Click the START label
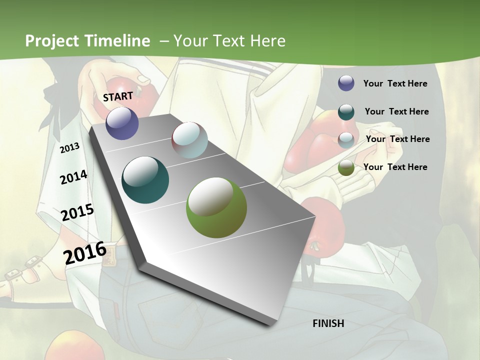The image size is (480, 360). click(118, 96)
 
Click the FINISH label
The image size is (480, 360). click(328, 323)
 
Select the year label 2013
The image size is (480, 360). click(69, 148)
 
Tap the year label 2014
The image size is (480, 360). click(73, 177)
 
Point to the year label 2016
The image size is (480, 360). click(85, 252)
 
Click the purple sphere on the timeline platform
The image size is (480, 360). click(122, 123)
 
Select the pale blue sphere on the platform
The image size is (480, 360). click(189, 140)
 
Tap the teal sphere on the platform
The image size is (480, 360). click(145, 180)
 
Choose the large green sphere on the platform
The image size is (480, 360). click(216, 207)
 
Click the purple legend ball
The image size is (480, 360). click(346, 83)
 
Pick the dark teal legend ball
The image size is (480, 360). click(346, 111)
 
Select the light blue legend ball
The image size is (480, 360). click(346, 139)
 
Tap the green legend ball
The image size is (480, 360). click(346, 167)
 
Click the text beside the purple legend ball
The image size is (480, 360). click(395, 83)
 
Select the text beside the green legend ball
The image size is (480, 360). click(395, 167)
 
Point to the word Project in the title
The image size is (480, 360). click(52, 41)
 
